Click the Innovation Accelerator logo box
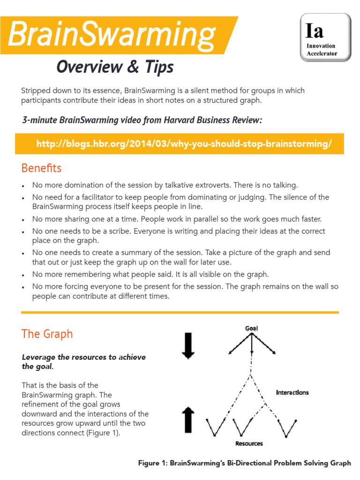click(325, 37)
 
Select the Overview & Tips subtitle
click(115, 67)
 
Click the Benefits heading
click(41, 168)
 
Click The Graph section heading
click(47, 334)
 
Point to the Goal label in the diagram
click(252, 328)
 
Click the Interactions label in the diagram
click(292, 392)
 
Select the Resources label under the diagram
click(249, 443)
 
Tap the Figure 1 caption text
click(244, 463)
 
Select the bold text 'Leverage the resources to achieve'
click(84, 357)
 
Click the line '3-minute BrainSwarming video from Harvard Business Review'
click(142, 120)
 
